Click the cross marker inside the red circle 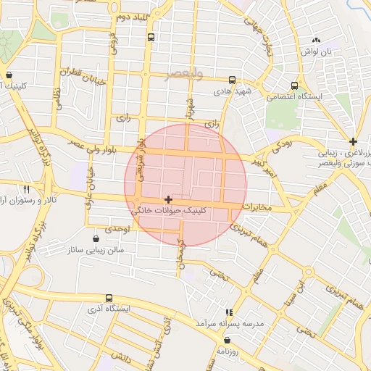tap(168, 199)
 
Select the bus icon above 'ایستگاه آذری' tap(109, 298)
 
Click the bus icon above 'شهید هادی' tap(232, 80)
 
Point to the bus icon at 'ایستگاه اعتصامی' tap(293, 85)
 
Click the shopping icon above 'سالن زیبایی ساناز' tap(96, 238)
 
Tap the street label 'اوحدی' tap(117, 229)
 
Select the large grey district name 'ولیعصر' tap(185, 74)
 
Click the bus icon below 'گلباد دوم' tap(151, 36)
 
